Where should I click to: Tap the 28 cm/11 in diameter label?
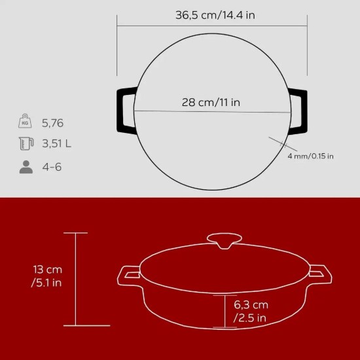[x=211, y=102]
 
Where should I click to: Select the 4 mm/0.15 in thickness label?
[x=310, y=156]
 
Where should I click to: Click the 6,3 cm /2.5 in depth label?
[x=251, y=312]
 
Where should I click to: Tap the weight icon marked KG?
[x=26, y=122]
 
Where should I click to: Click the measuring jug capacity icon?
[x=26, y=144]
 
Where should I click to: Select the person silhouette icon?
[x=26, y=166]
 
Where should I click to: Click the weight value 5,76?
[x=54, y=122]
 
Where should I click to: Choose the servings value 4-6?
[x=52, y=167]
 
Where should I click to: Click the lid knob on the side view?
[x=224, y=240]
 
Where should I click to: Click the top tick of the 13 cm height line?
[x=77, y=233]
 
